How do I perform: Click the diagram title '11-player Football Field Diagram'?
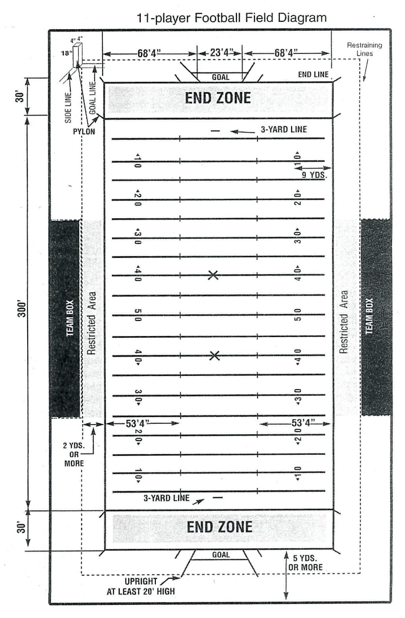[231, 18]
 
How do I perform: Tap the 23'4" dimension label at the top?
[220, 52]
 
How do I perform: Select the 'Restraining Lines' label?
[364, 49]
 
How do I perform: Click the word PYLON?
[84, 131]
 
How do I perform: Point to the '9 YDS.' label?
[314, 175]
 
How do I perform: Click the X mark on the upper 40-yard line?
[213, 275]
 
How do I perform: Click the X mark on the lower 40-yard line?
[215, 356]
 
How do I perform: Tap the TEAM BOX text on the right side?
[369, 316]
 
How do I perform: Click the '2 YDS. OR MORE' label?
[74, 454]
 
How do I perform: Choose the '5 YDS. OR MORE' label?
[305, 563]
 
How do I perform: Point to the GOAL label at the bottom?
[221, 555]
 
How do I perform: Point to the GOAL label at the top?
[221, 77]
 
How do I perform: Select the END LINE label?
[313, 75]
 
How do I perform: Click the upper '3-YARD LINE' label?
[284, 129]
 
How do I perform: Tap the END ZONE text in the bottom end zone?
[220, 527]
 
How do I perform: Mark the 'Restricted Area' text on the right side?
[344, 322]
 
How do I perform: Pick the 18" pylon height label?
[66, 53]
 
